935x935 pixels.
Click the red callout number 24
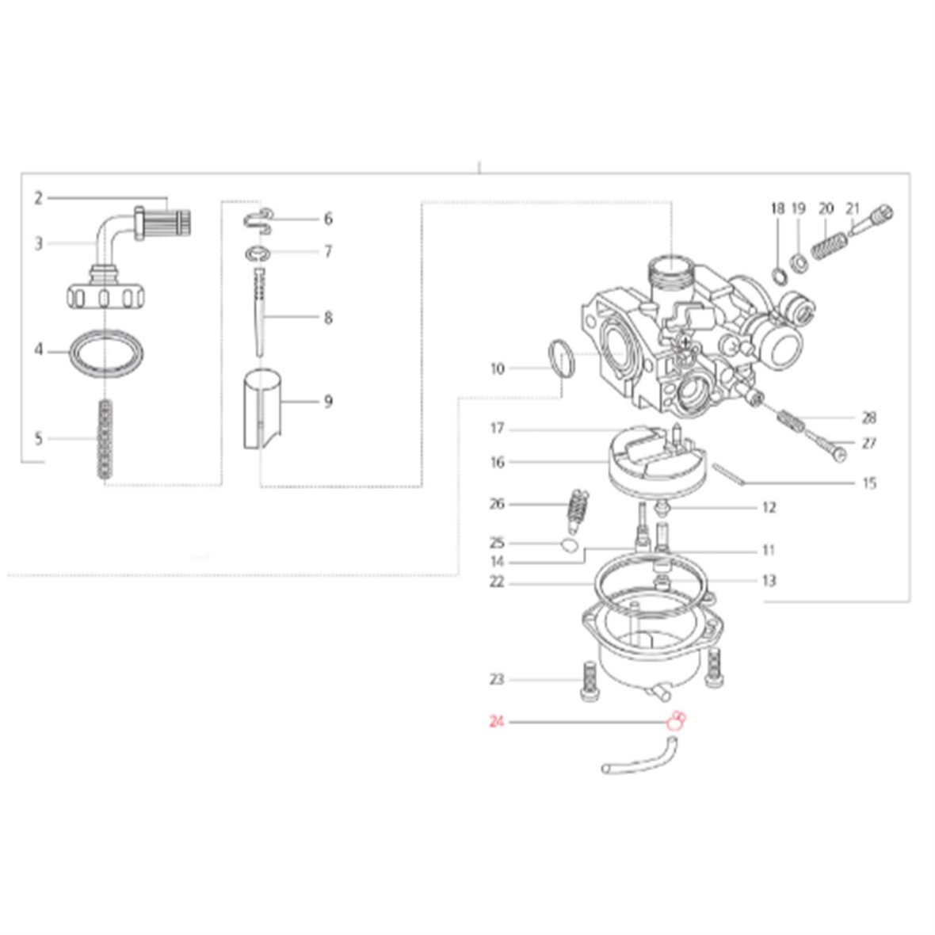coord(496,722)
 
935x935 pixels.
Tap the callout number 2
coord(38,198)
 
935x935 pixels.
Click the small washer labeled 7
coord(258,254)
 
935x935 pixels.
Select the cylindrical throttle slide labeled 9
coord(262,410)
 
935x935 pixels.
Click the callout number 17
coord(497,428)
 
